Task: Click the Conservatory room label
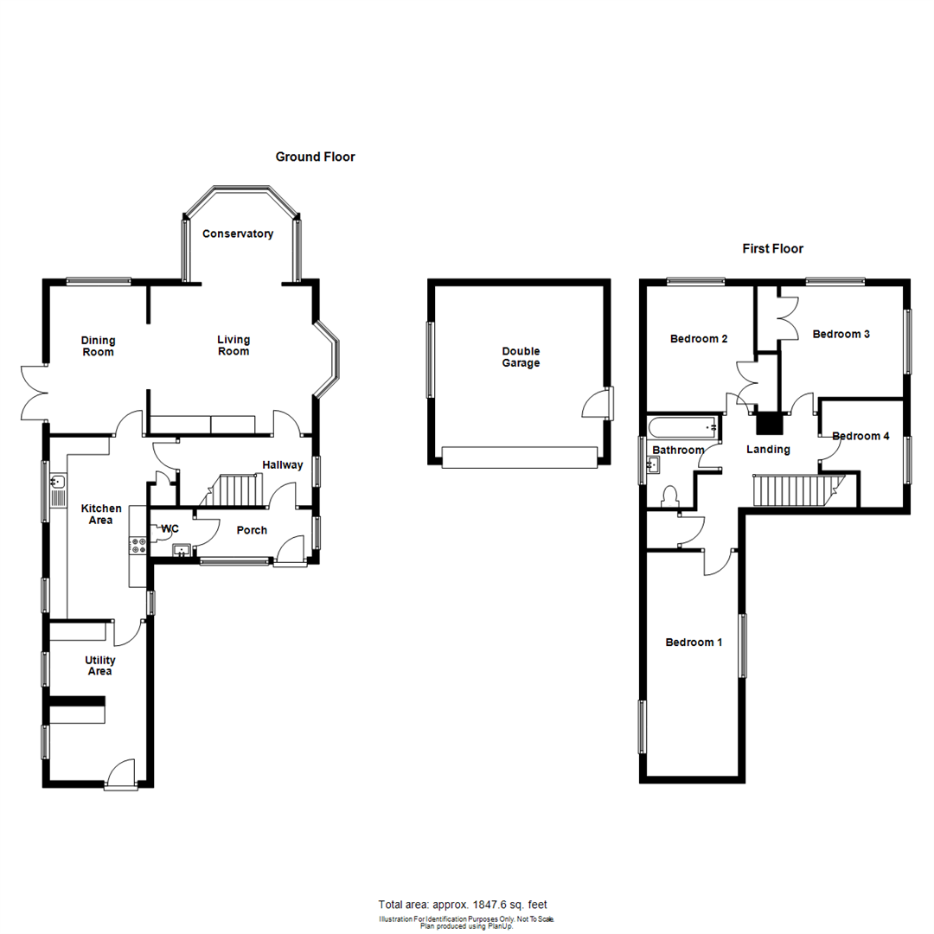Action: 238,233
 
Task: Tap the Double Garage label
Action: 521,357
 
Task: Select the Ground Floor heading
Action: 315,157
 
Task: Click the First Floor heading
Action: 772,249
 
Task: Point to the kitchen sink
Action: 58,489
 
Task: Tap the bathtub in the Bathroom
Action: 684,425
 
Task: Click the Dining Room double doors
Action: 32,393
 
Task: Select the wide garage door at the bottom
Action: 519,457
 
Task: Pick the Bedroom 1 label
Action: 694,643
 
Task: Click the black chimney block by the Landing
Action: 768,424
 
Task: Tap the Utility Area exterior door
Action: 121,775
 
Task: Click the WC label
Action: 170,528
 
